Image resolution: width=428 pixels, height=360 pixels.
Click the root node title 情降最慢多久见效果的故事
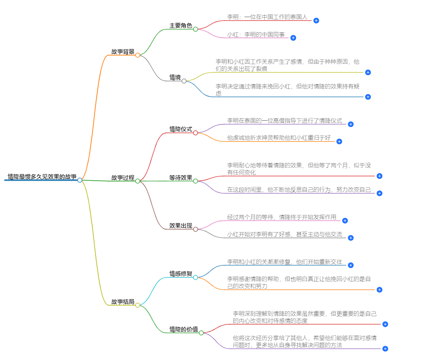click(42, 176)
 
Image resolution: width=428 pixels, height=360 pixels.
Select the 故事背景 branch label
click(123, 52)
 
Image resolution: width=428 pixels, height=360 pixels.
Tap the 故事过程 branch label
click(123, 177)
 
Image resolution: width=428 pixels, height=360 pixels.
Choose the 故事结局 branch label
click(123, 302)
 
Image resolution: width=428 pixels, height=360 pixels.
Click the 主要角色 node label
click(181, 26)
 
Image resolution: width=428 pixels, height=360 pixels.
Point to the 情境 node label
click(175, 78)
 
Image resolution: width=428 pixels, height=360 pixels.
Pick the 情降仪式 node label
click(181, 129)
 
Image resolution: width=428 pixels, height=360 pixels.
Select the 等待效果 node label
click(181, 178)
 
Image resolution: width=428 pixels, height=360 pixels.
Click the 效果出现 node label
click(181, 226)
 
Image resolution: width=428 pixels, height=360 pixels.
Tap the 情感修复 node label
click(181, 274)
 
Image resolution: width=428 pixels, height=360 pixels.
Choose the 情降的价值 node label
click(183, 330)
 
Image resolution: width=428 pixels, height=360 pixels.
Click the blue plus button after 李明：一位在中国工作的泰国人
click(316, 20)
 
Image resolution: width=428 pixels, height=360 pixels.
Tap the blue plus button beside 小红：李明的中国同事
click(293, 38)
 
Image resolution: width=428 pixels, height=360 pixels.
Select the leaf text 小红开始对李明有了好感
click(284, 234)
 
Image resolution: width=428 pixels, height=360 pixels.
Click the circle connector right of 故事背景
click(138, 55)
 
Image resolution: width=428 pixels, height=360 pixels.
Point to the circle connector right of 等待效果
click(195, 181)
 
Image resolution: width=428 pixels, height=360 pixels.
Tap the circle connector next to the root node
click(80, 180)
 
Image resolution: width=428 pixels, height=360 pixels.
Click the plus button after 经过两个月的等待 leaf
click(345, 221)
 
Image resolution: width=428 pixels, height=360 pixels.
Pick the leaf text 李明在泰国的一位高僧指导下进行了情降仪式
click(284, 121)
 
